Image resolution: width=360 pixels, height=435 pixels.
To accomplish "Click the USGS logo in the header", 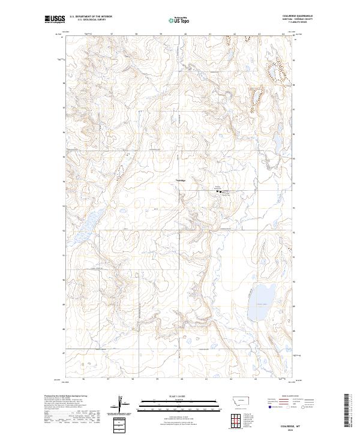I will point(55,19).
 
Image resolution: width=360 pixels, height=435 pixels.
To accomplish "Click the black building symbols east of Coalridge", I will point(218,191).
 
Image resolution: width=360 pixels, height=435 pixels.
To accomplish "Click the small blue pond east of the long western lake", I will point(121,211).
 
